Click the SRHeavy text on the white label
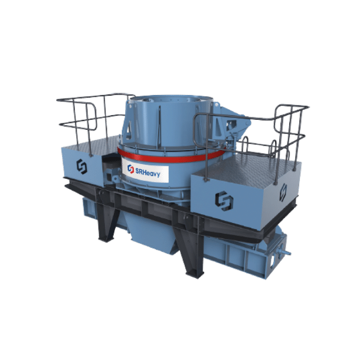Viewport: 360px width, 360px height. [148, 172]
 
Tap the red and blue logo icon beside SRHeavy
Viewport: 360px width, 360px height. [130, 169]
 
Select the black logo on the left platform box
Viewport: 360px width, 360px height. [81, 166]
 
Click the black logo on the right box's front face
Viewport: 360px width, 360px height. [224, 201]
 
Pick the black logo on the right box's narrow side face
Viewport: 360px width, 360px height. [283, 192]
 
